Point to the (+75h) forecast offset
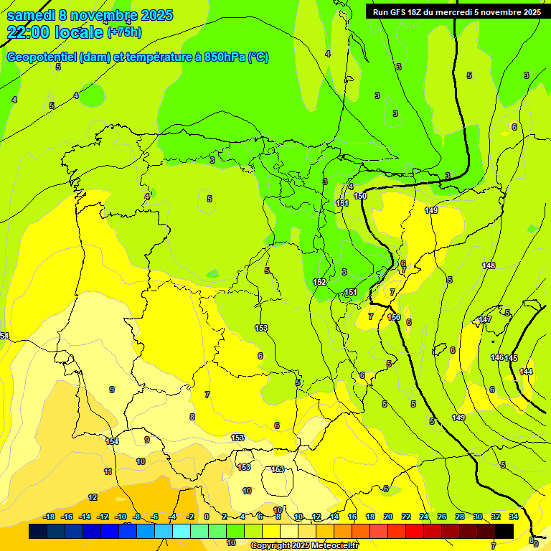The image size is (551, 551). point(123,32)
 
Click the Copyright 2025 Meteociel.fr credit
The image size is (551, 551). point(303,545)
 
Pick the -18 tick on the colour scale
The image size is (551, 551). point(50,517)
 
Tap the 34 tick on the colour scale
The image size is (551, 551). point(514,517)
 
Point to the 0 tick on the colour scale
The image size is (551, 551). point(207,517)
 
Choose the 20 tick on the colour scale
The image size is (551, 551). point(388,517)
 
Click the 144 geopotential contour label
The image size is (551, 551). point(526,372)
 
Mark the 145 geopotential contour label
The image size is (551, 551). point(511,358)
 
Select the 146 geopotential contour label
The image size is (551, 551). point(497,357)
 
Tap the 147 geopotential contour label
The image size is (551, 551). point(485,319)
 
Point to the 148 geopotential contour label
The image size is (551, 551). point(489,266)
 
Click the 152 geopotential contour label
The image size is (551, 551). point(320,282)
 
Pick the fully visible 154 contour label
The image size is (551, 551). point(112,441)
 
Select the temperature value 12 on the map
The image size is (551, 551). point(93,497)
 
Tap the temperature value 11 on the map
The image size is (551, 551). point(108,471)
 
